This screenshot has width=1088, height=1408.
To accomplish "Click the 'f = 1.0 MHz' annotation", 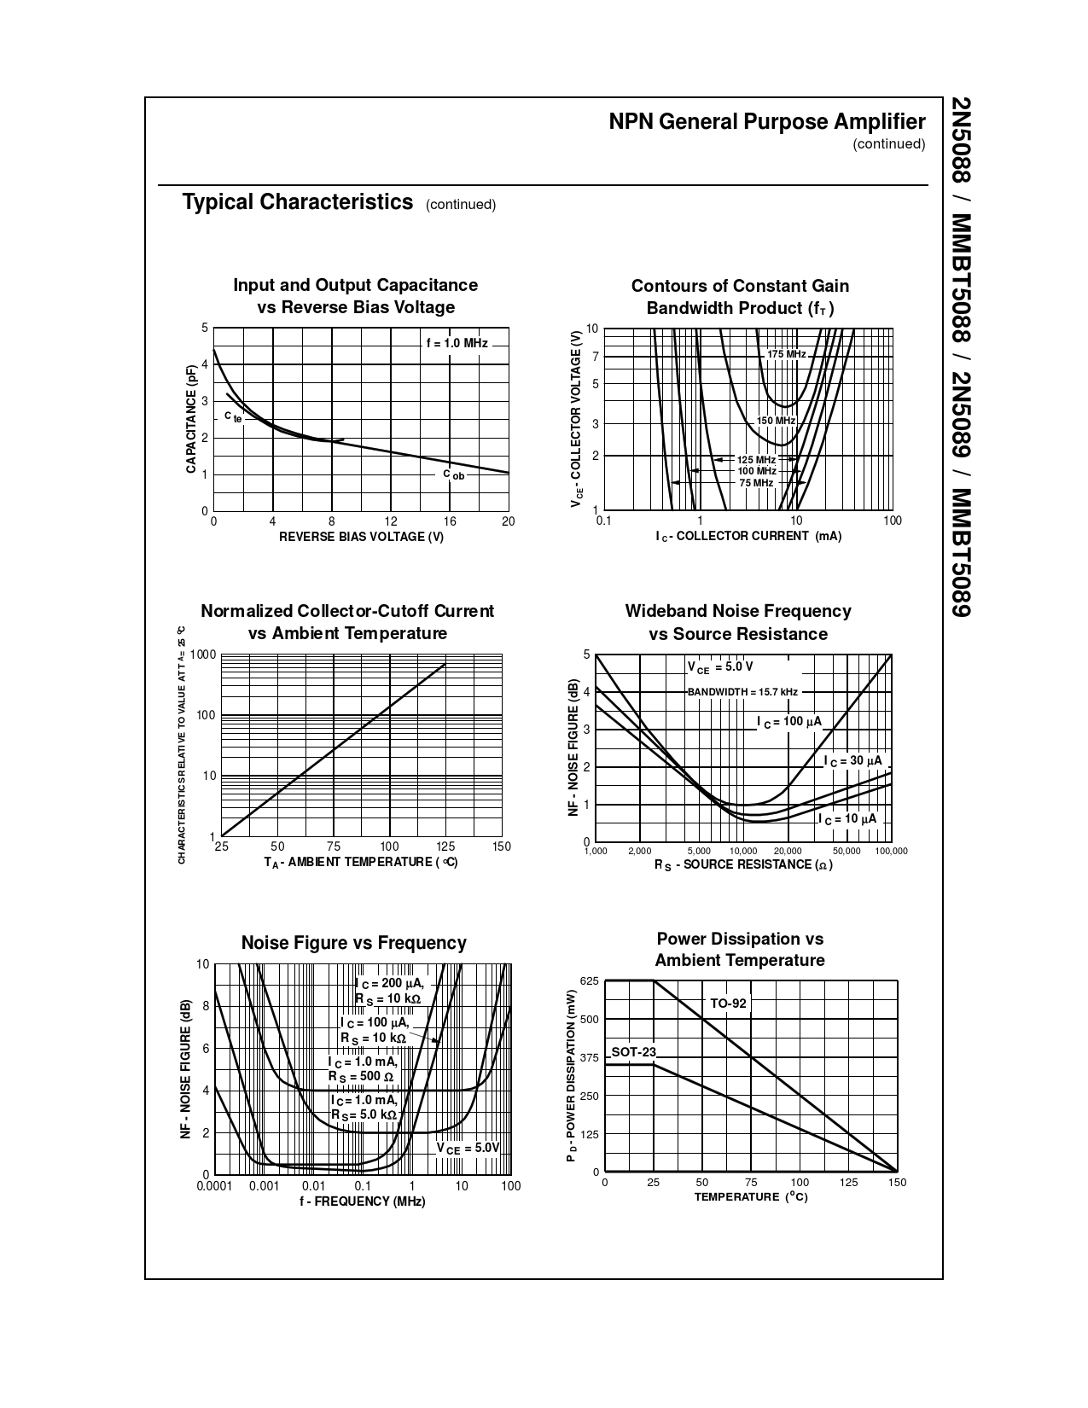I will (x=457, y=343).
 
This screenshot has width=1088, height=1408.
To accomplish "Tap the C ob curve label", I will (x=454, y=474).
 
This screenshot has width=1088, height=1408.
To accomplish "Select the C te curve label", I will (x=233, y=417).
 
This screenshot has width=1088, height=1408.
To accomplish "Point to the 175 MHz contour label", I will (x=786, y=354).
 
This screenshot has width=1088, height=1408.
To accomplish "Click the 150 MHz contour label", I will (x=776, y=421).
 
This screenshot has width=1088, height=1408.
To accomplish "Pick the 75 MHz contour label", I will (x=755, y=483).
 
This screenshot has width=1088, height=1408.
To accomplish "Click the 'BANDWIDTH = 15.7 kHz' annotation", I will (x=742, y=692).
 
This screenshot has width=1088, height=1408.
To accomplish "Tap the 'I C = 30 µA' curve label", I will (x=852, y=761).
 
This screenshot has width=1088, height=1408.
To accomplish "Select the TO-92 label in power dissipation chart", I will (x=728, y=1004).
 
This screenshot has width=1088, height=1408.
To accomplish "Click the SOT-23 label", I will (x=633, y=1052).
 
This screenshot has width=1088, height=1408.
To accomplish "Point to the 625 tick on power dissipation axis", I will (x=590, y=981).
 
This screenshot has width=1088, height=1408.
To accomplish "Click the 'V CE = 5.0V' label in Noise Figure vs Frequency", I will (x=468, y=1149).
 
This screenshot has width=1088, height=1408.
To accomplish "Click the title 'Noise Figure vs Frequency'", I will (x=353, y=943).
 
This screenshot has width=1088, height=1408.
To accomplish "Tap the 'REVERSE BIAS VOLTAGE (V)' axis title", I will (x=361, y=537).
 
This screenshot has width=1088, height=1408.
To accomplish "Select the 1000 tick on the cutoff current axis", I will (x=203, y=655).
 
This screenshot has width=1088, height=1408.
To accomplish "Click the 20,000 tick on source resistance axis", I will (x=787, y=852).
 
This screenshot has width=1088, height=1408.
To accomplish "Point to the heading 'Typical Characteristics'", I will (x=297, y=202).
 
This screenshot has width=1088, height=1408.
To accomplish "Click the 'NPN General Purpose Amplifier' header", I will (x=766, y=122).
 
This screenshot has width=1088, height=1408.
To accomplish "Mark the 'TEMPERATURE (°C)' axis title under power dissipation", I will (x=750, y=1197).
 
